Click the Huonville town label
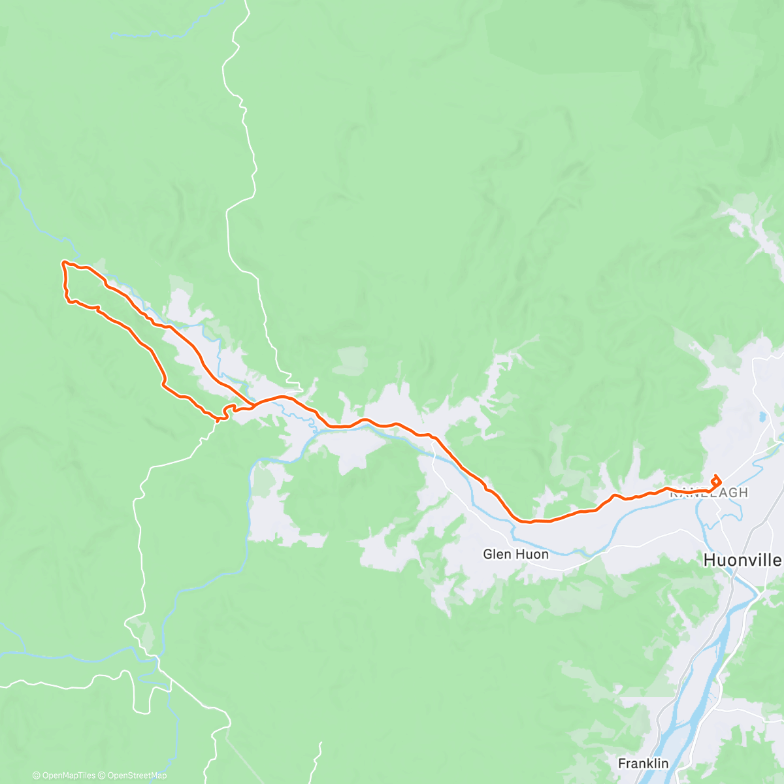742,560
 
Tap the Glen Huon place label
515,554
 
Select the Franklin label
643,763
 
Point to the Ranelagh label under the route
709,493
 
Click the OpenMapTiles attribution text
69,776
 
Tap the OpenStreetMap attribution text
137,776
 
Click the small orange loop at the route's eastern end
716,482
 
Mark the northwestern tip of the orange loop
64,263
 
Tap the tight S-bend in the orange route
228,410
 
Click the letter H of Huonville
708,560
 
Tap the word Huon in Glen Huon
532,554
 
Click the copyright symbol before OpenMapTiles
36,776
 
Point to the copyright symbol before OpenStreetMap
102,776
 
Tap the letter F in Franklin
622,763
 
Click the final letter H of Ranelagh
743,493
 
